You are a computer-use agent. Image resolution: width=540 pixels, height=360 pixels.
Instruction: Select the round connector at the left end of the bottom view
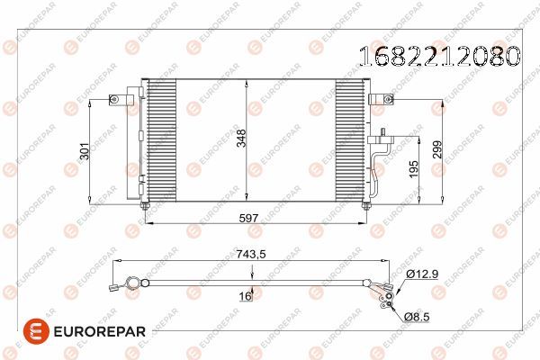[133, 283]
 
